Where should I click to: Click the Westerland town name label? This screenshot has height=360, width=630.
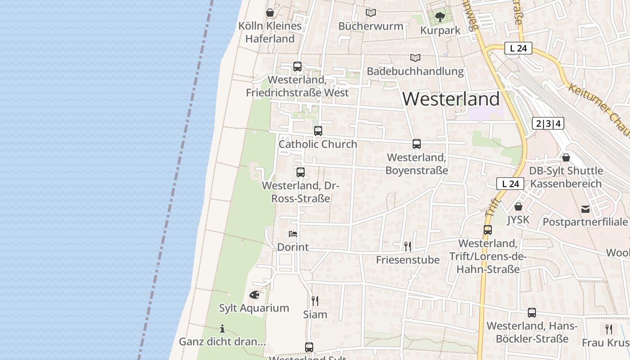(451, 99)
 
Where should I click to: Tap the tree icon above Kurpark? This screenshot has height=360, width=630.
(440, 17)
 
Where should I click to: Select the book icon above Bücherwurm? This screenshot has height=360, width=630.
(371, 13)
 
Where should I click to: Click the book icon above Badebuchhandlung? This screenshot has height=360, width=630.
(415, 58)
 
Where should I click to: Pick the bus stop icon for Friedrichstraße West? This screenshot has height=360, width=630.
(297, 67)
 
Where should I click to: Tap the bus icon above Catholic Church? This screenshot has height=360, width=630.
(318, 131)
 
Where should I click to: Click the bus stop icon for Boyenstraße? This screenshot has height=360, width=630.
(417, 144)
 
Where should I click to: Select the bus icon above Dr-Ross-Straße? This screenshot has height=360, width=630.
(301, 172)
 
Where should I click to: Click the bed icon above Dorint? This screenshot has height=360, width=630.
(293, 234)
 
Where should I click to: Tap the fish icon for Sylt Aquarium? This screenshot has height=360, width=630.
(254, 295)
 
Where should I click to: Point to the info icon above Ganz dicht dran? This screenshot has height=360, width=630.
(222, 328)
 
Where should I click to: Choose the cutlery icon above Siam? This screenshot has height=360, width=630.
(315, 301)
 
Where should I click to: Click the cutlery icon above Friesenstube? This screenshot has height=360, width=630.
(408, 246)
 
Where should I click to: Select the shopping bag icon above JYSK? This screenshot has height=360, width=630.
(518, 207)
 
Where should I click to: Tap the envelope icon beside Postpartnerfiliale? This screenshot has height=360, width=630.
(585, 209)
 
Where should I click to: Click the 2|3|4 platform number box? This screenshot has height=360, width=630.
(548, 123)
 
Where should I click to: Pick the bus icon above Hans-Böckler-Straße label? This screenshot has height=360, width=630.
(532, 313)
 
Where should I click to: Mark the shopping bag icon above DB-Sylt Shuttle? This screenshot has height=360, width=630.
(566, 157)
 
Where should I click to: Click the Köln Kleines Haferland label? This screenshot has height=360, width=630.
(270, 32)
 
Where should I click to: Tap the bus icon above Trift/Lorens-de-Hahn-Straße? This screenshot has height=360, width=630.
(488, 230)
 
